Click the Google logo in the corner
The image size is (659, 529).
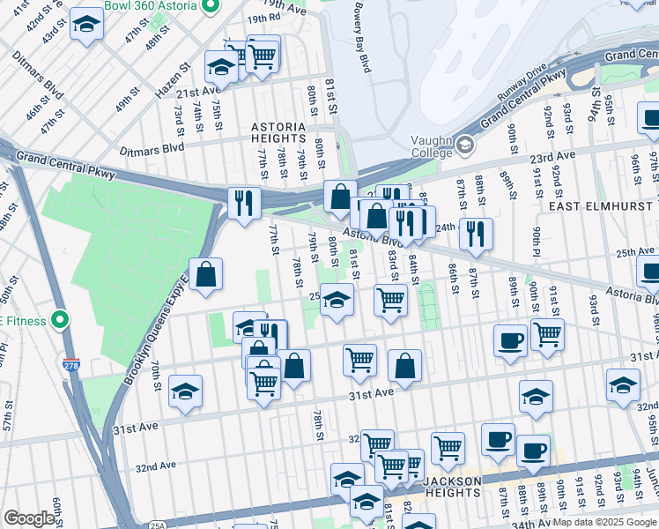tap(29, 518)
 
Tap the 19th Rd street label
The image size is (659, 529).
tap(239, 18)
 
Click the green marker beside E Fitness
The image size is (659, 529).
tap(60, 320)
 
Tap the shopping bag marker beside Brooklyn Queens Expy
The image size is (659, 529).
tap(205, 274)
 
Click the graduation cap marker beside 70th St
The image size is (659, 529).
tap(185, 391)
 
